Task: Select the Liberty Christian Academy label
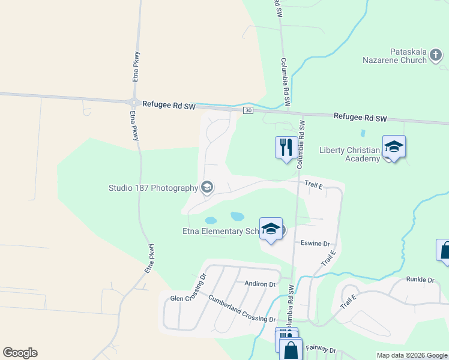click(350, 154)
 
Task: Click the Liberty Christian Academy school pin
click(394, 147)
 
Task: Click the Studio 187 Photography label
click(153, 188)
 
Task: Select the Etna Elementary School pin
click(271, 229)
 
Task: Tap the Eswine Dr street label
click(315, 244)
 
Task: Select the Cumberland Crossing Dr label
click(242, 308)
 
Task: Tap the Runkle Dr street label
click(420, 280)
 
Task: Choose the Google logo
click(20, 353)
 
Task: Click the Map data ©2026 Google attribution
click(411, 355)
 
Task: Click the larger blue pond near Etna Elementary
click(237, 215)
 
